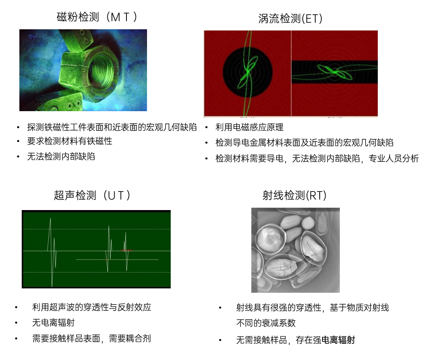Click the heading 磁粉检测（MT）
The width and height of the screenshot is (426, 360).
coord(97,17)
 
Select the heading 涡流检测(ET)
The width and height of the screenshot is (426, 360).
coord(290,19)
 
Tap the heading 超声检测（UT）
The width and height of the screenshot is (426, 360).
coord(92,195)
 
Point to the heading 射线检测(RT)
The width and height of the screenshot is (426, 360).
coord(294,195)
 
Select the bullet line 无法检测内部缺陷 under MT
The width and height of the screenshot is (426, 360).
coord(61,156)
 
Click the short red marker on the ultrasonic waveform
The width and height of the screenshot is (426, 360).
coord(126,250)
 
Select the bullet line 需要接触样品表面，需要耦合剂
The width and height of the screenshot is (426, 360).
coord(91,338)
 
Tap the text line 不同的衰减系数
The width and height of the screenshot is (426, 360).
coord(266,323)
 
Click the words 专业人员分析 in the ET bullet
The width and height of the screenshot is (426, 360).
coord(394,158)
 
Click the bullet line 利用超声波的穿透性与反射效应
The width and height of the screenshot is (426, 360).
coord(92,307)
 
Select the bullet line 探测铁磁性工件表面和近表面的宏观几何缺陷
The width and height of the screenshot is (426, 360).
coord(112,127)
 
